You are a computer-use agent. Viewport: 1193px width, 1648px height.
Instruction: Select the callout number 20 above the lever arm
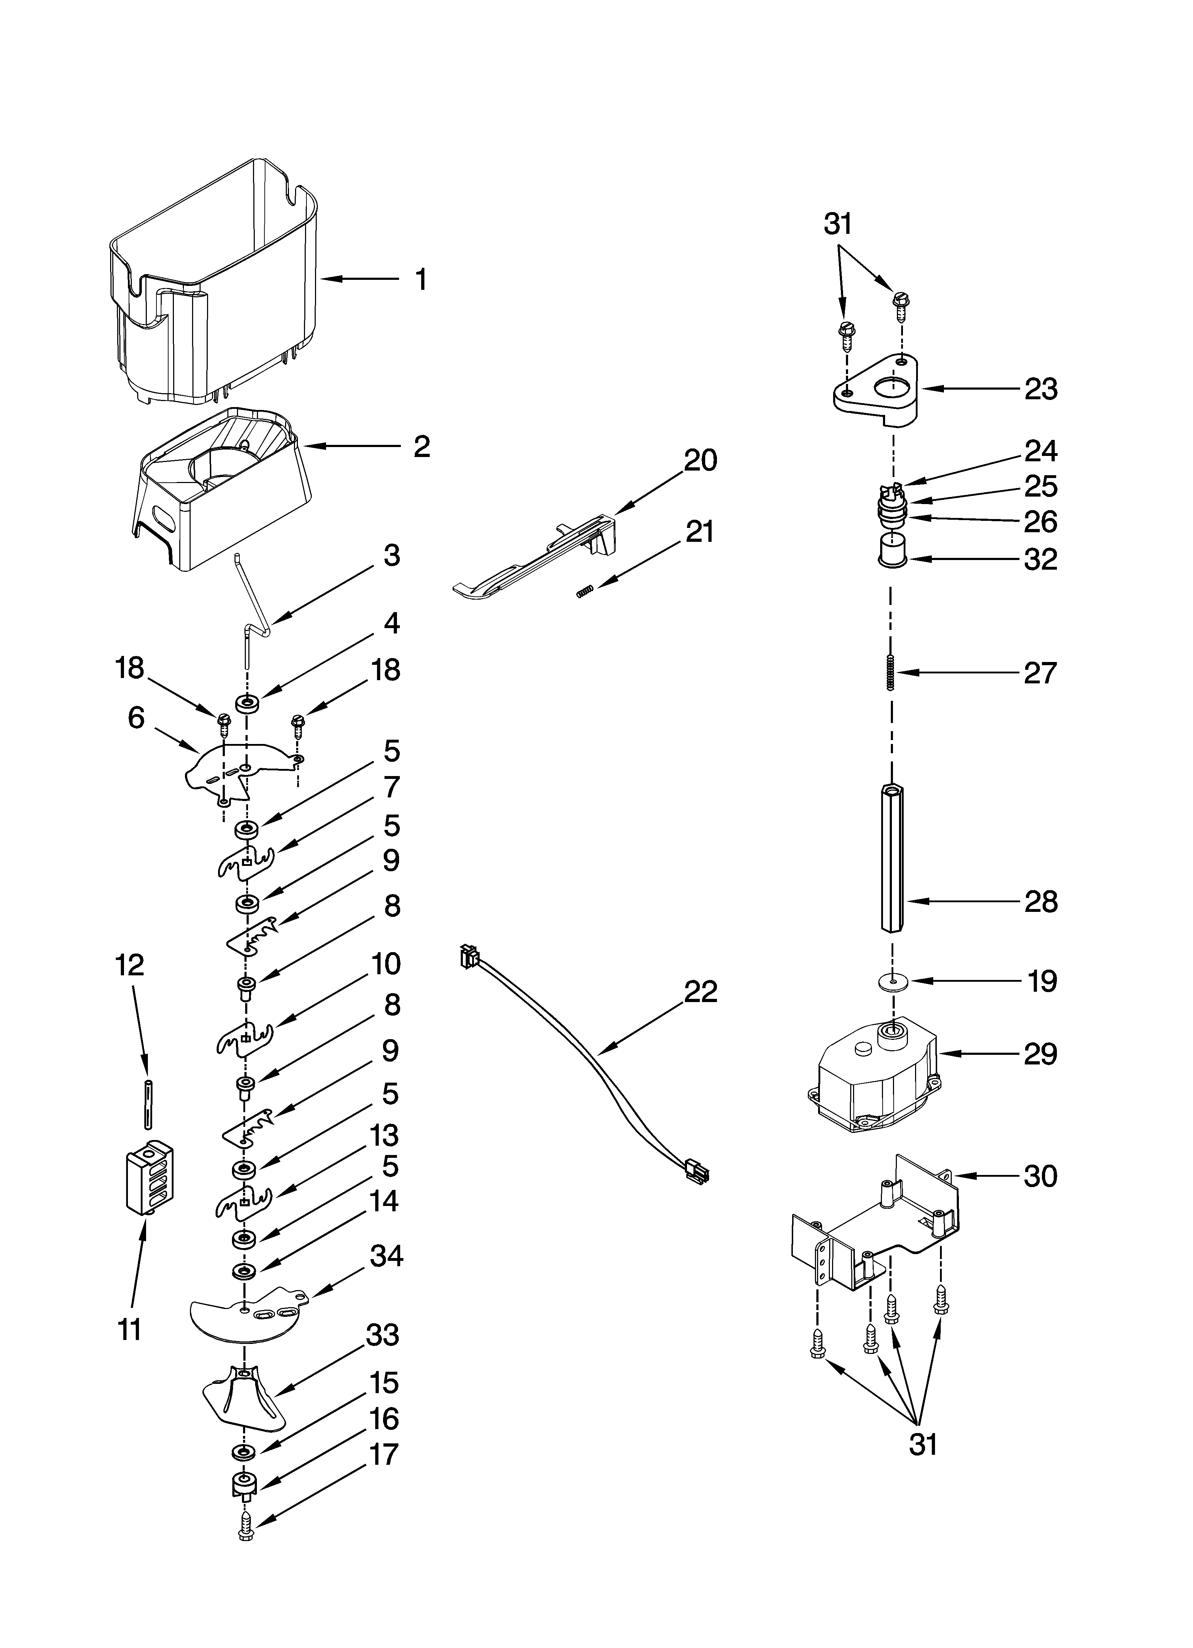coord(700,460)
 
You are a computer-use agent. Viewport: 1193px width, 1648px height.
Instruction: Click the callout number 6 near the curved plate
coord(136,718)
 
